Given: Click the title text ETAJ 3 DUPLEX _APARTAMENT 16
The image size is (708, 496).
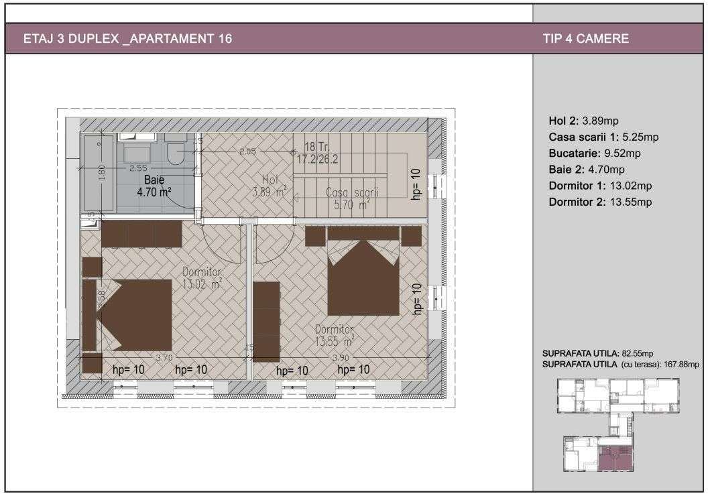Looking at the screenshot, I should click(x=127, y=39).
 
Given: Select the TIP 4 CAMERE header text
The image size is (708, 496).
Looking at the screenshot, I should click(x=585, y=39).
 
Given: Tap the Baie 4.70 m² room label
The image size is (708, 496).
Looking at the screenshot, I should click(x=154, y=186).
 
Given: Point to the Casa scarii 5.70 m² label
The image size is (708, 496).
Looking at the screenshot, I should click(x=352, y=199).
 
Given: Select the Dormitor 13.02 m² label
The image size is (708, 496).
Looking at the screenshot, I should click(x=202, y=278).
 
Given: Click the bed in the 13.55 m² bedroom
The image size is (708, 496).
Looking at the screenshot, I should click(x=363, y=271).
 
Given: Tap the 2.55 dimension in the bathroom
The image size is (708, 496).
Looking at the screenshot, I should click(x=138, y=168).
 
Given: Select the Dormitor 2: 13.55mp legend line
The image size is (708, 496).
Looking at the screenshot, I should click(x=601, y=201).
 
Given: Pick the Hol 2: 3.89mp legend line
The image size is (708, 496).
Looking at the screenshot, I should click(x=583, y=121).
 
